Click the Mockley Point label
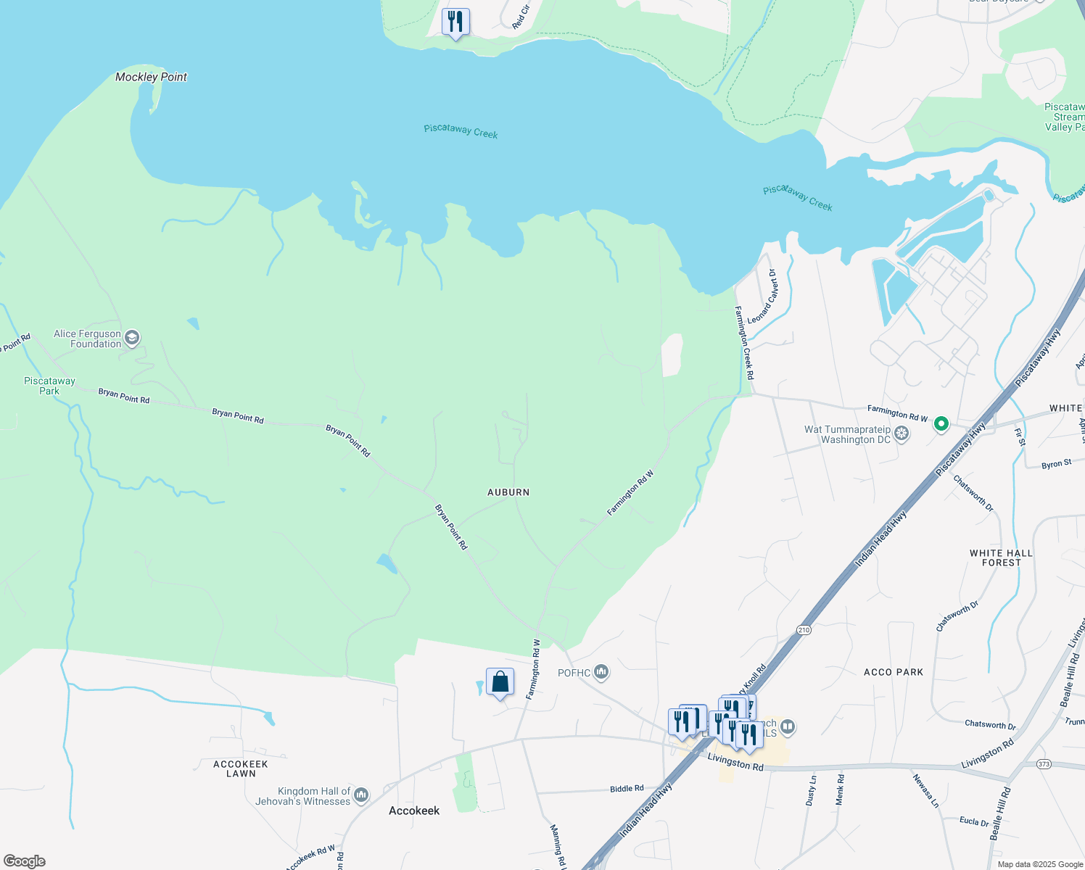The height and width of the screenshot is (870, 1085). (151, 77)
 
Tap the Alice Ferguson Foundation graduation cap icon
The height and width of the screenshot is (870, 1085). (132, 338)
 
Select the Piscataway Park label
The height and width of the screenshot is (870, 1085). (49, 386)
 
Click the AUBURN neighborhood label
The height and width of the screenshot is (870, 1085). (508, 492)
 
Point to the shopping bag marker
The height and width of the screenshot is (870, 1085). (500, 682)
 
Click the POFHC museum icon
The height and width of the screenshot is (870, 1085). (601, 673)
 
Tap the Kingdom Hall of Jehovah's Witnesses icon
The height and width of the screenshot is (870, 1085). (361, 795)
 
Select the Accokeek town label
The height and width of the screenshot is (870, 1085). (414, 811)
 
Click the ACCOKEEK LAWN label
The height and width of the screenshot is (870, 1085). (241, 768)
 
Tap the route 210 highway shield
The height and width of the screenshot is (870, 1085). (804, 629)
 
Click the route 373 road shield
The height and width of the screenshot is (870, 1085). (1044, 764)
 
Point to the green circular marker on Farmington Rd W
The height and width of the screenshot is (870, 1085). (941, 423)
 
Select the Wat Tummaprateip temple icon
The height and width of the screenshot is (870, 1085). (902, 434)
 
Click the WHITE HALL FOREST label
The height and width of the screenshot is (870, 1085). (1001, 558)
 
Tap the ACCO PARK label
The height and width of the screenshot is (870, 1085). (894, 672)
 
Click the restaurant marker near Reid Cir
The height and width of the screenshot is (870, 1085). (455, 22)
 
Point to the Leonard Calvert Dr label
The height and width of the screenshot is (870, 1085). (762, 297)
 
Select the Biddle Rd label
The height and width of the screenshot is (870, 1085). (627, 788)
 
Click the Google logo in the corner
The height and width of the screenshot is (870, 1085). (25, 861)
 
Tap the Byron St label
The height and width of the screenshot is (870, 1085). (1056, 464)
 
